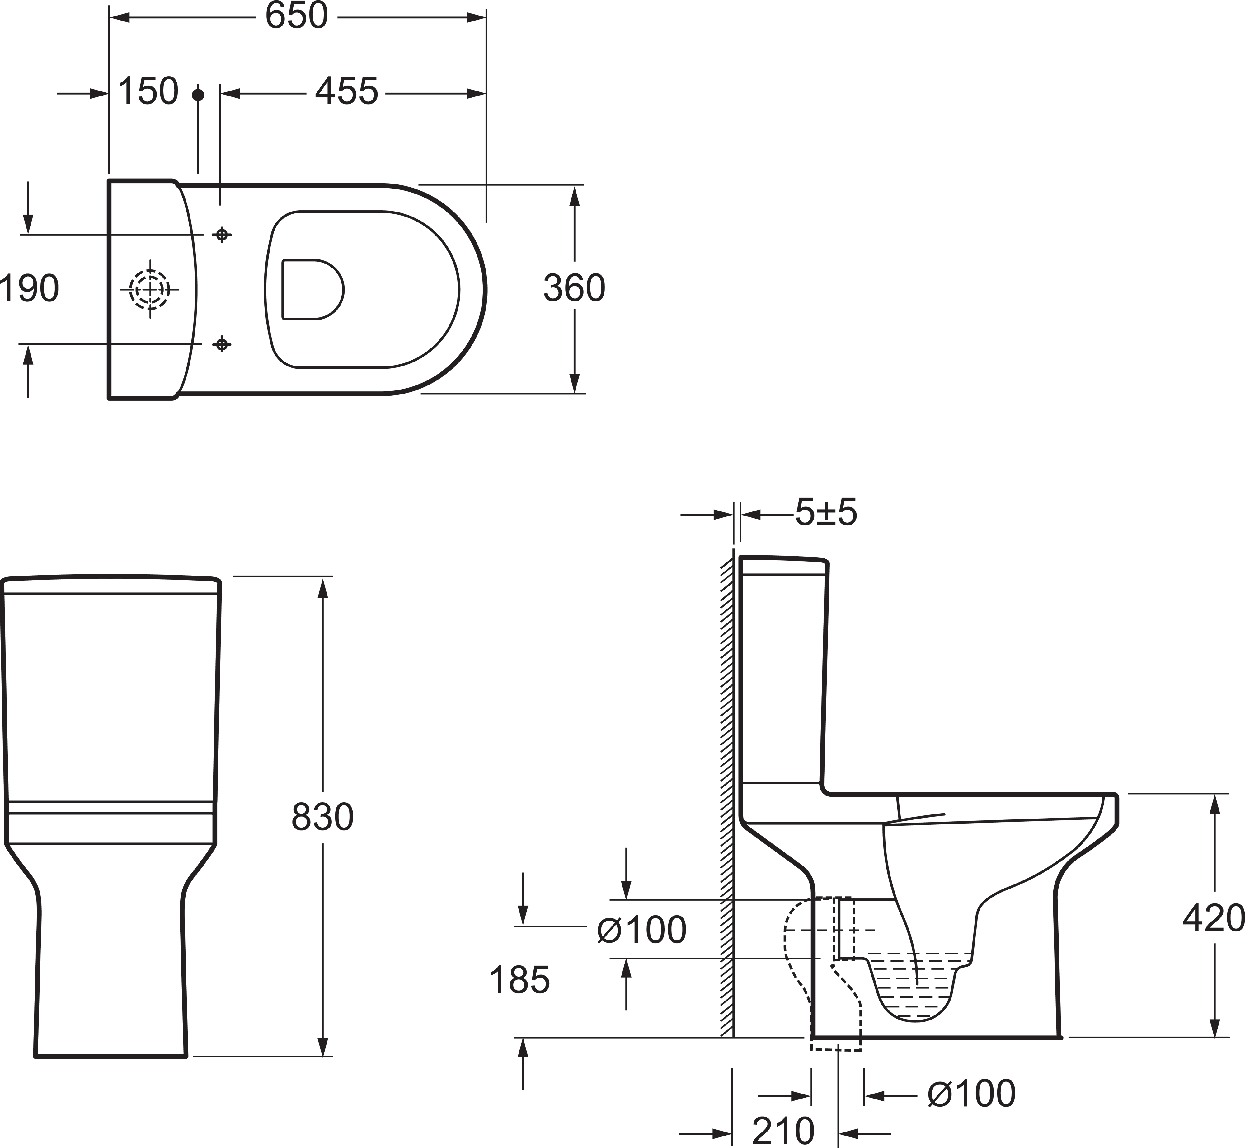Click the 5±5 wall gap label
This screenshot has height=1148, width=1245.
825,513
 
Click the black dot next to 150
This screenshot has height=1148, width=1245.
198,95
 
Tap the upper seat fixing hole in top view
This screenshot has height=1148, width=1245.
221,235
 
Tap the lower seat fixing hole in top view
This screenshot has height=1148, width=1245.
221,343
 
